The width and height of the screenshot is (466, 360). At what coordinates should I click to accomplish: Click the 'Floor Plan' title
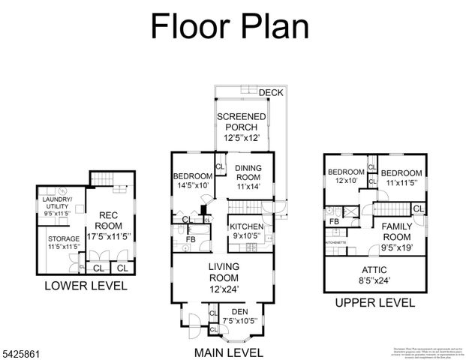230,25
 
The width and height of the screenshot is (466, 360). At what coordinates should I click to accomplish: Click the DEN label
239,316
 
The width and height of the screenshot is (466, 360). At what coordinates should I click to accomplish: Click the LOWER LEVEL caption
86,286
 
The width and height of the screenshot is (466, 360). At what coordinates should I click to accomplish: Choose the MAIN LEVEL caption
228,352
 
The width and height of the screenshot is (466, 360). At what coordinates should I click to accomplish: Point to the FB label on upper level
334,222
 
